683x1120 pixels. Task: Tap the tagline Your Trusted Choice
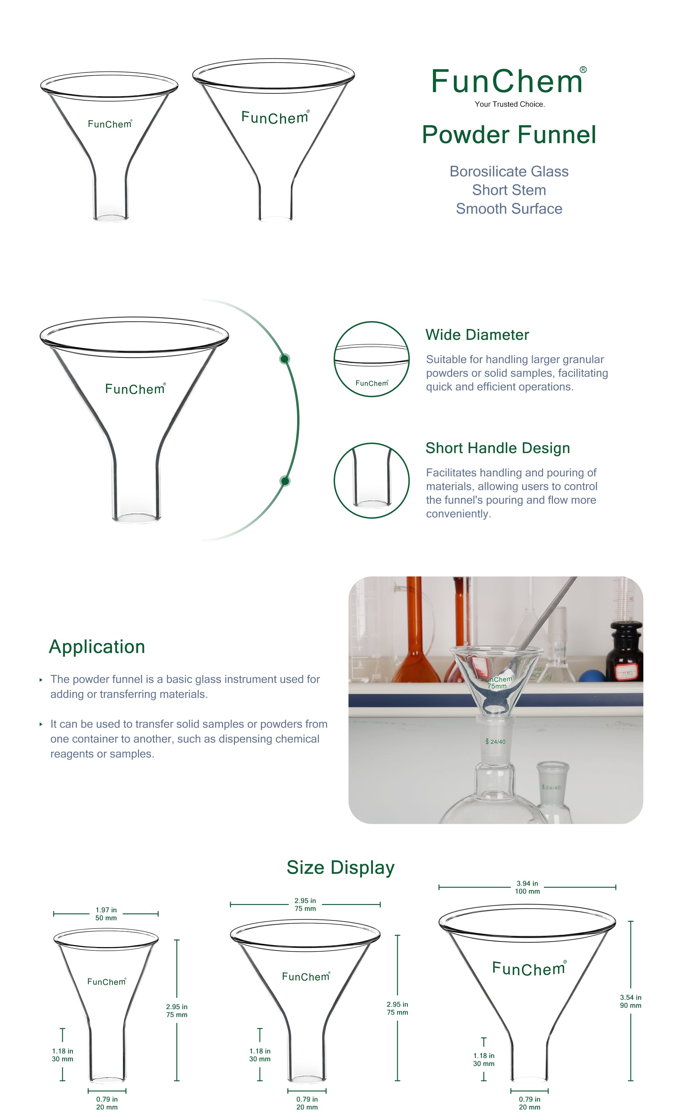click(509, 104)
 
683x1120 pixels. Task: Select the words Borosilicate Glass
click(508, 171)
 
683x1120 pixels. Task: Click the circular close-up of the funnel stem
click(371, 480)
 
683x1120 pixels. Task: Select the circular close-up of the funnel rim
click(371, 359)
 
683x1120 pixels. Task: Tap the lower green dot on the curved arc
click(285, 481)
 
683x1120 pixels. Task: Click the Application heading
click(97, 646)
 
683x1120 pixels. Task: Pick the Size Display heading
click(340, 867)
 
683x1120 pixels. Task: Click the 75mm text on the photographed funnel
click(497, 686)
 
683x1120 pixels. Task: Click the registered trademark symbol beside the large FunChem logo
click(583, 70)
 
